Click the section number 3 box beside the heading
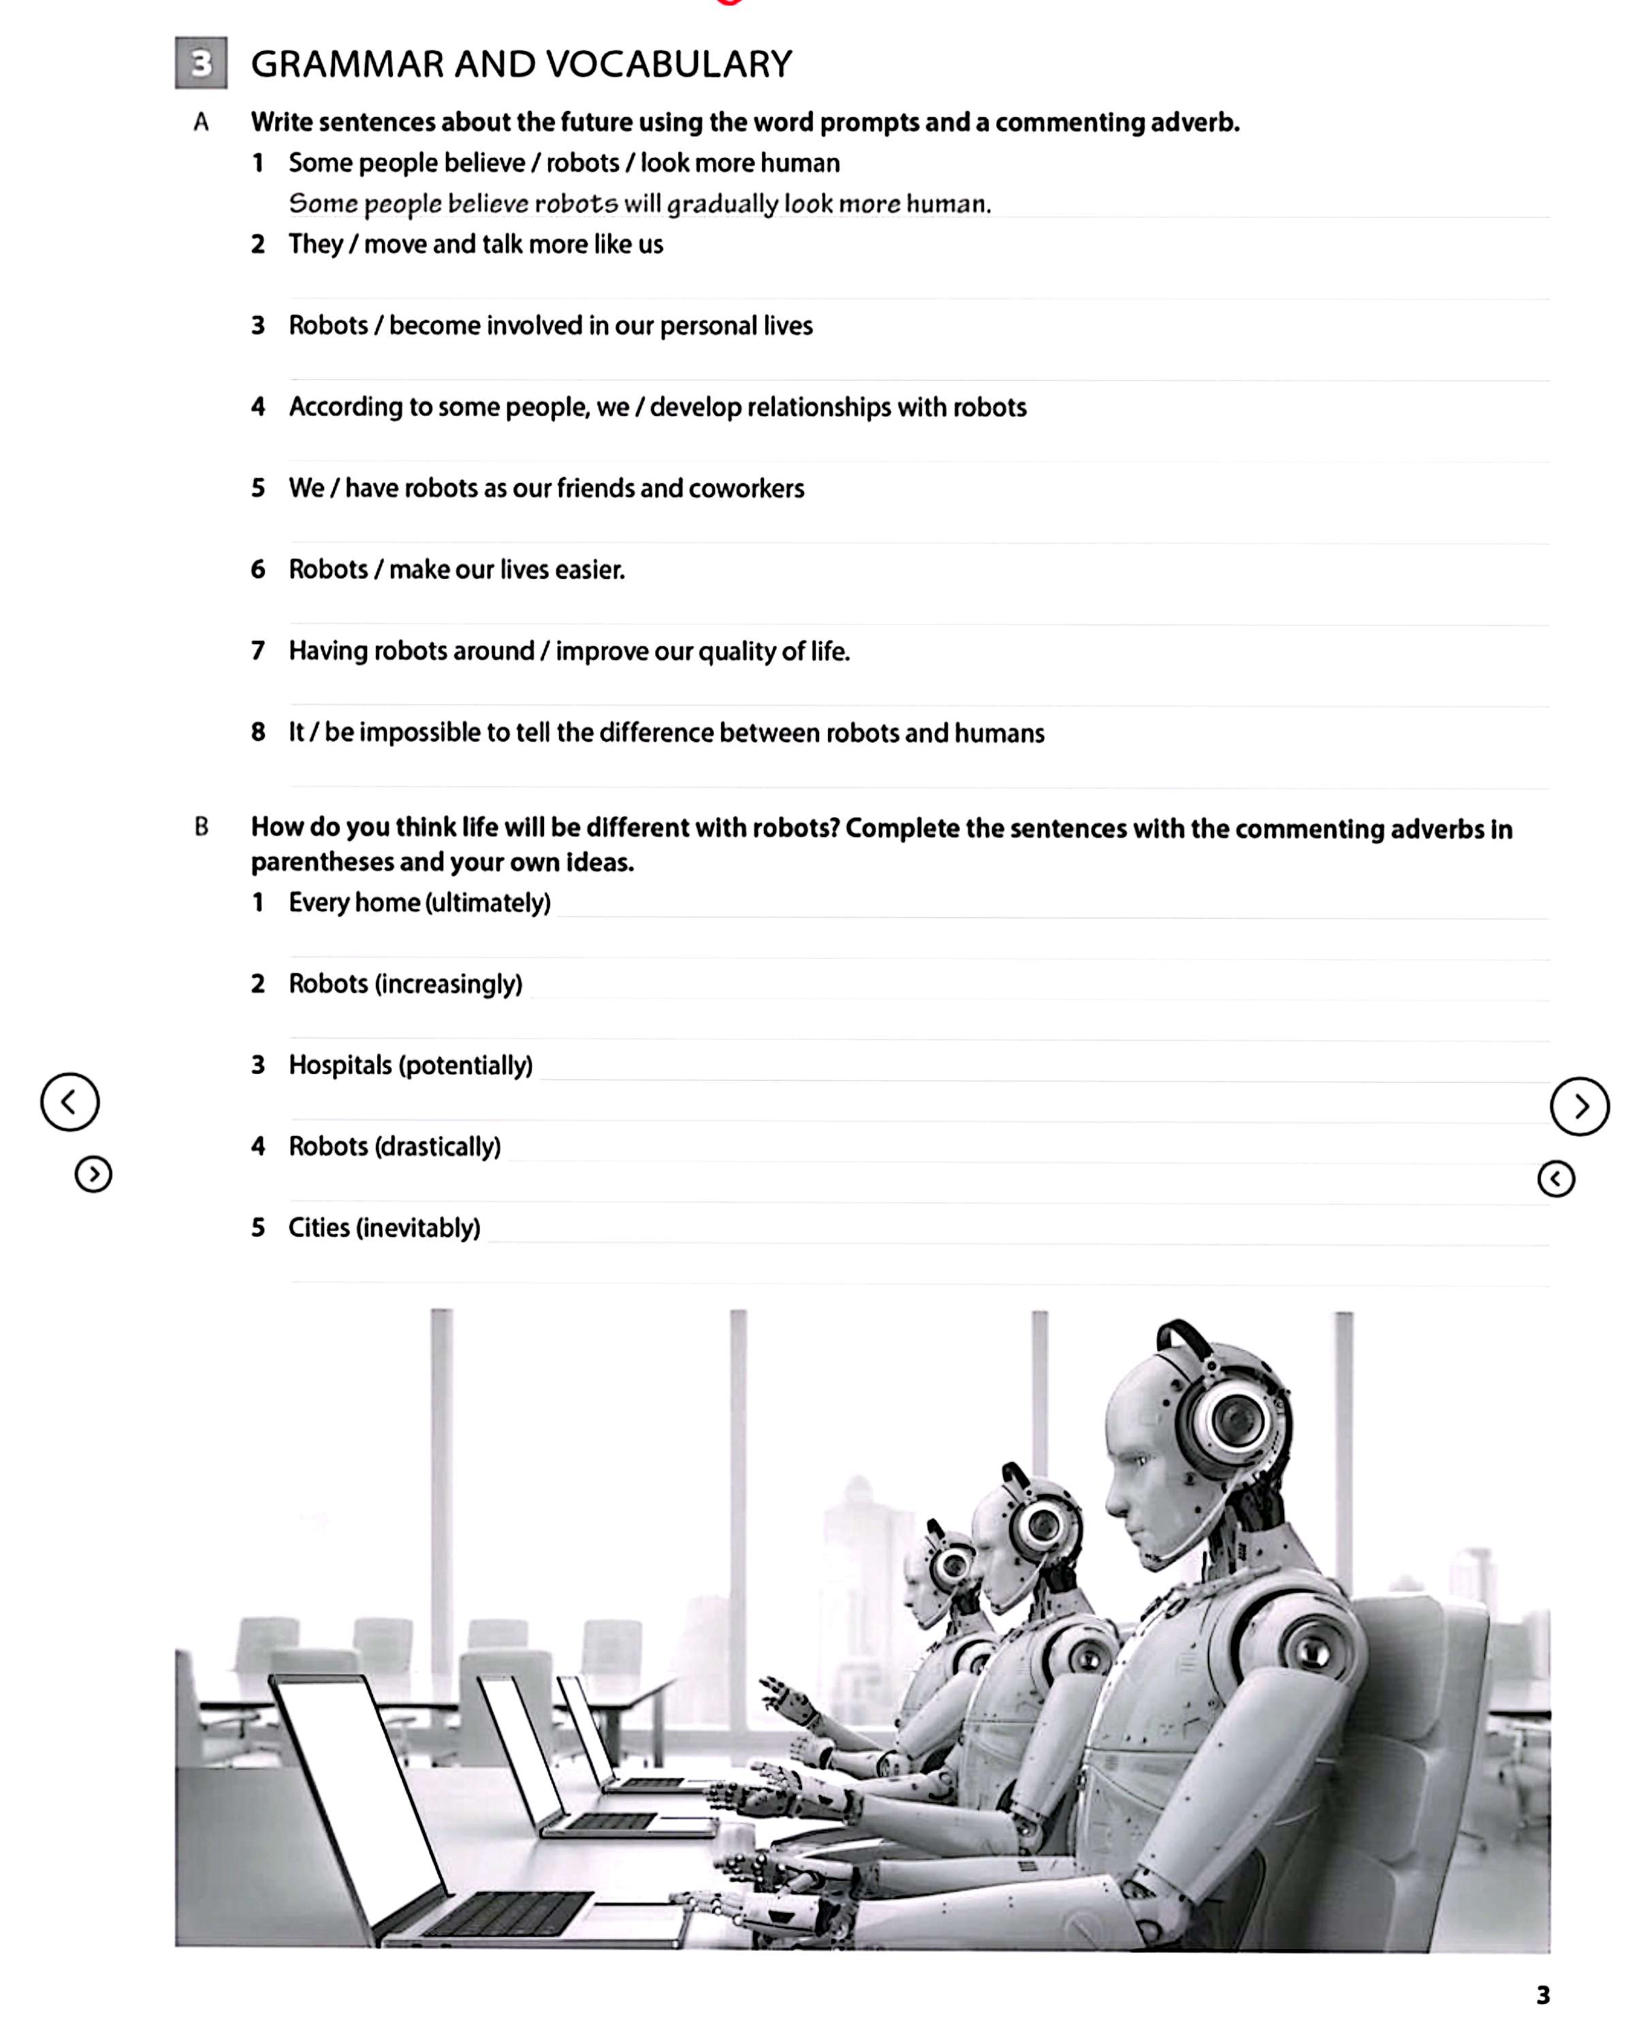[x=201, y=63]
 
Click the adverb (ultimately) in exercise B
[x=488, y=902]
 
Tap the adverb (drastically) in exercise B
[x=438, y=1147]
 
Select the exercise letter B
[x=201, y=827]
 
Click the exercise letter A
[x=201, y=122]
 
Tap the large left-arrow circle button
[x=69, y=1102]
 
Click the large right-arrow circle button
[x=1580, y=1106]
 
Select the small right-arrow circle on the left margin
[x=93, y=1175]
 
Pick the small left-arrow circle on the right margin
[x=1556, y=1179]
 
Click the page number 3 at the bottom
[x=1542, y=1995]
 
